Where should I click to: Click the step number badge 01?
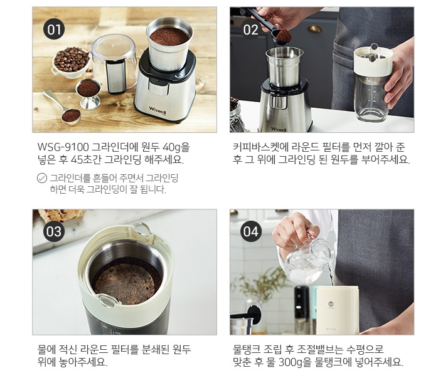(54, 29)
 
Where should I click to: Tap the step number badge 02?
(251, 29)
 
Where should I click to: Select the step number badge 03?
(54, 231)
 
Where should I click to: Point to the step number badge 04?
(251, 231)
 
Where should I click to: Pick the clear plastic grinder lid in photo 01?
(115, 62)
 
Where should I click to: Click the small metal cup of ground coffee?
(88, 93)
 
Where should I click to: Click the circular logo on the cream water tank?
(331, 303)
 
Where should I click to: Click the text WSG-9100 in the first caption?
(63, 147)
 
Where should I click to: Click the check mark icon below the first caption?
(42, 178)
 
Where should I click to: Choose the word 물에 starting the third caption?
(46, 349)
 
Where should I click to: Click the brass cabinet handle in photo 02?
(314, 29)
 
